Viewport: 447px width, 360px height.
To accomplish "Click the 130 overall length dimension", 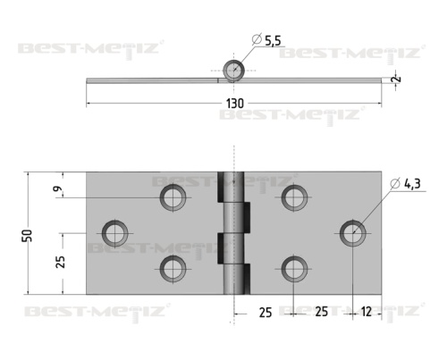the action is tap(235, 104).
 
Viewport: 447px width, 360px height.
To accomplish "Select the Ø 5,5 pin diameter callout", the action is tap(266, 40).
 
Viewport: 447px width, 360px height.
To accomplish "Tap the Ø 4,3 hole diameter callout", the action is tap(405, 184).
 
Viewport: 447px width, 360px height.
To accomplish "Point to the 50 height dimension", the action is tap(28, 236).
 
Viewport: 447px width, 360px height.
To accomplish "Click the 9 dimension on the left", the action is tap(58, 188).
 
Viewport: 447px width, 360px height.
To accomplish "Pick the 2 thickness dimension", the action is tap(397, 79).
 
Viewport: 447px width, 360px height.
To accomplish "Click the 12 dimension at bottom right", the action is tap(367, 312).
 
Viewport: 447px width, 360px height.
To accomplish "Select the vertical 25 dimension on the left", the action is tap(61, 262).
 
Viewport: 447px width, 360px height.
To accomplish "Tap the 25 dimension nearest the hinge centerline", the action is tap(266, 313).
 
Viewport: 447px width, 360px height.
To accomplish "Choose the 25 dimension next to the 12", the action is tap(321, 312).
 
